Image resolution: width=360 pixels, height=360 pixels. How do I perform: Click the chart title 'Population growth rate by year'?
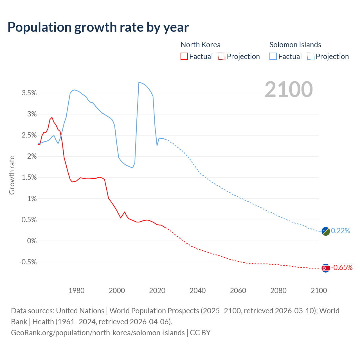tap(98, 27)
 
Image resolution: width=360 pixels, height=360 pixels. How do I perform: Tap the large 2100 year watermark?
tap(289, 89)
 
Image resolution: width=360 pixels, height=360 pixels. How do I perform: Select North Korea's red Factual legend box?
tap(184, 57)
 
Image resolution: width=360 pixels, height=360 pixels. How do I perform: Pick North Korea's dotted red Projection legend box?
tap(222, 57)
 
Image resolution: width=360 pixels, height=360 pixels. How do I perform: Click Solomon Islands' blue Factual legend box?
tap(273, 57)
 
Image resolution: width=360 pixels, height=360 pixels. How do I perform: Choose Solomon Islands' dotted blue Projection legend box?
tap(311, 57)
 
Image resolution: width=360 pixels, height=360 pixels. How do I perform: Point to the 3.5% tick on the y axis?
tap(29, 93)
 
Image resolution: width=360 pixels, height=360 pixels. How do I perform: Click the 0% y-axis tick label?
tap(32, 241)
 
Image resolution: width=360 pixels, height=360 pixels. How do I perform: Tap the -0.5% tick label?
tap(28, 262)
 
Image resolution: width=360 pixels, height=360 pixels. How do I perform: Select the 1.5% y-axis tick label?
tap(29, 177)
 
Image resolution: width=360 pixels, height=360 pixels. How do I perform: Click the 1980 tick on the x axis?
tap(76, 291)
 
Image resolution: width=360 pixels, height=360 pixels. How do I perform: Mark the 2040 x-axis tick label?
tap(198, 291)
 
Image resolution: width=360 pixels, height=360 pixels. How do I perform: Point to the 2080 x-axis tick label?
tap(278, 291)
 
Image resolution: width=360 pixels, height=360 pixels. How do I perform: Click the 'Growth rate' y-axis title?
tap(12, 175)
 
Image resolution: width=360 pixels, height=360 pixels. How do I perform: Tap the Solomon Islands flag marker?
tap(325, 231)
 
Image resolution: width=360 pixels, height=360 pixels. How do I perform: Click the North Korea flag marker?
tap(325, 268)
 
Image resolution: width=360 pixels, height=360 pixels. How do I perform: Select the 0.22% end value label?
tap(341, 231)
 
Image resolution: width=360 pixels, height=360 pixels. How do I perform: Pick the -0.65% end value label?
tap(342, 268)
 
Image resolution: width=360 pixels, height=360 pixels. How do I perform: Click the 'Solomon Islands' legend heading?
tap(295, 45)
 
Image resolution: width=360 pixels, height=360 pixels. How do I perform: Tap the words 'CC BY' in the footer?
tap(200, 333)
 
